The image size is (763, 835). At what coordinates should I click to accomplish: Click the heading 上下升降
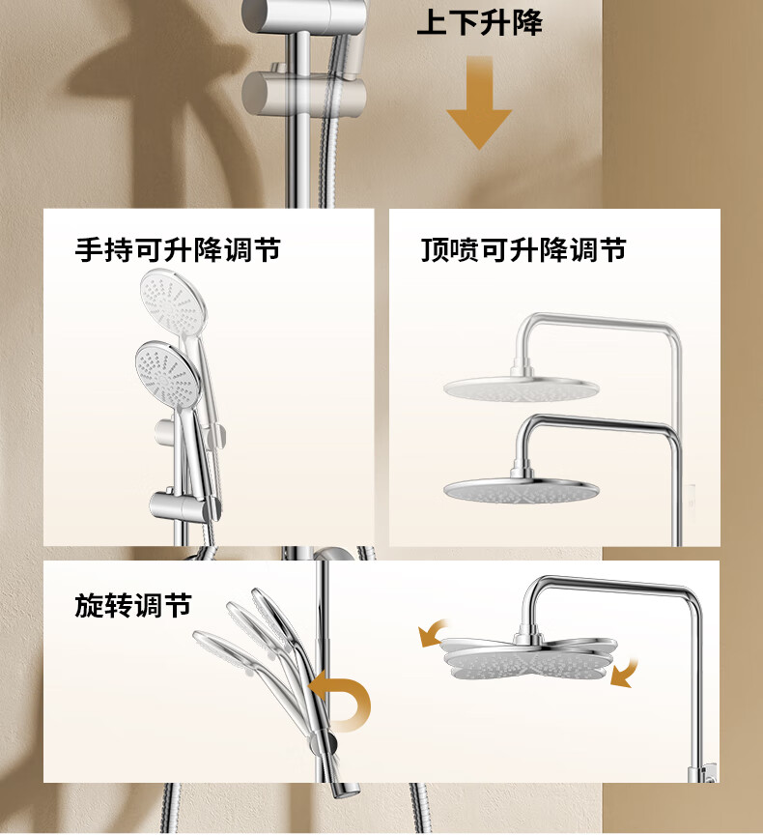479,23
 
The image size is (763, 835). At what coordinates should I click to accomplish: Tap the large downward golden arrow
479,102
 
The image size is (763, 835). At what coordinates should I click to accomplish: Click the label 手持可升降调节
178,249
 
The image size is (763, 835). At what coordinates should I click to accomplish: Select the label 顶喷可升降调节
523,249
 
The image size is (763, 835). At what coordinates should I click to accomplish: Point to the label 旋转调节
133,606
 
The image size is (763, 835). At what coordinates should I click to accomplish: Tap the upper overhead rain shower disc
521,389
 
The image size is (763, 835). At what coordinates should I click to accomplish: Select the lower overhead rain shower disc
522,490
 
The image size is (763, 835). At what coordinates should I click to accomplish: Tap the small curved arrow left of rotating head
432,632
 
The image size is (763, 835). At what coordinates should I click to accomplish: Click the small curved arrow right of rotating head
625,673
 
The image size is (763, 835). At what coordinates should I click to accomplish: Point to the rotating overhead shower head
530,658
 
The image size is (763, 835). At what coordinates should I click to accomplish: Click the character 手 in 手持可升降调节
89,249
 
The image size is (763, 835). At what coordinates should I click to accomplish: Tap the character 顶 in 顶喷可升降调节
435,249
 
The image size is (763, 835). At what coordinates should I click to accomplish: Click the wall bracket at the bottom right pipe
703,773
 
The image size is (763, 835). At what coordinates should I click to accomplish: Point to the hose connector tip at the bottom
346,790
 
